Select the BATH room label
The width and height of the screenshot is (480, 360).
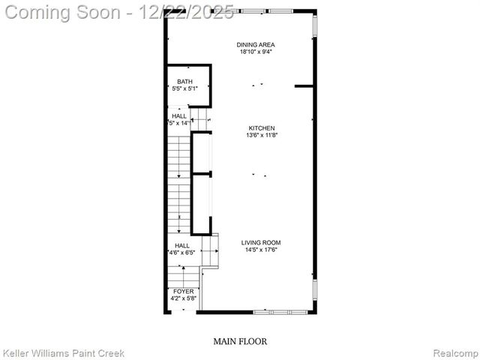(184, 81)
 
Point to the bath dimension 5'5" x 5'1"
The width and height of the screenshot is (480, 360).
(184, 88)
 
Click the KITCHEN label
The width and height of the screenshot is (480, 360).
(261, 128)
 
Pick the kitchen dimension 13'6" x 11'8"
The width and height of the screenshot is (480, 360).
(261, 136)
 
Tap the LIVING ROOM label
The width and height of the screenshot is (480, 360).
(261, 242)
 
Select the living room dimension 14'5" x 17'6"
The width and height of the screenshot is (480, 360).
(261, 250)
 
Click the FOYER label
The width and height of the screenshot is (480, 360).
(183, 291)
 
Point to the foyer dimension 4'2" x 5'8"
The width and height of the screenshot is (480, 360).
(183, 298)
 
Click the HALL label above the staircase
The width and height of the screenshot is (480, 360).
(179, 116)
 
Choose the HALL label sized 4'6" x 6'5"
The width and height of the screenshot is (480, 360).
(182, 245)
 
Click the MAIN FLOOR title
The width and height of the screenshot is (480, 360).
(240, 341)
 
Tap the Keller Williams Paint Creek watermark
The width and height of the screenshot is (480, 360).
(63, 352)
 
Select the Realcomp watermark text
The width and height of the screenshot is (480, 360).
(454, 352)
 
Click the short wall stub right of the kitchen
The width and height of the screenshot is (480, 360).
(304, 86)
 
